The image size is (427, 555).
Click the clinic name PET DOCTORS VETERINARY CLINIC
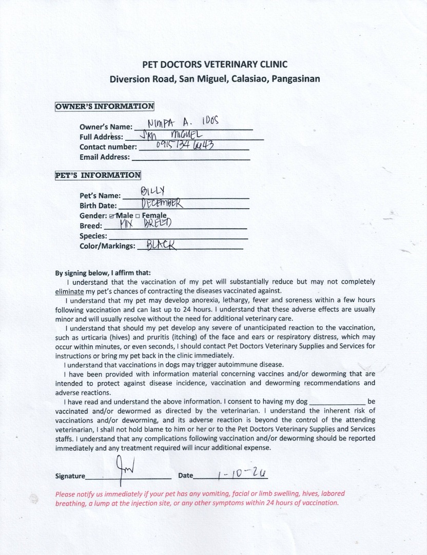point(215,64)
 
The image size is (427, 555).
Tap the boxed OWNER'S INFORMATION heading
point(105,106)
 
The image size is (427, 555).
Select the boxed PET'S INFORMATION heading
point(98,175)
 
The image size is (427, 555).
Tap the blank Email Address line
point(191,157)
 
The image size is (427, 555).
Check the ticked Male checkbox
point(111,216)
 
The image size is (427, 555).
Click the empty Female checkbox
point(138,216)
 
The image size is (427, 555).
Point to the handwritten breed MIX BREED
point(145,224)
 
